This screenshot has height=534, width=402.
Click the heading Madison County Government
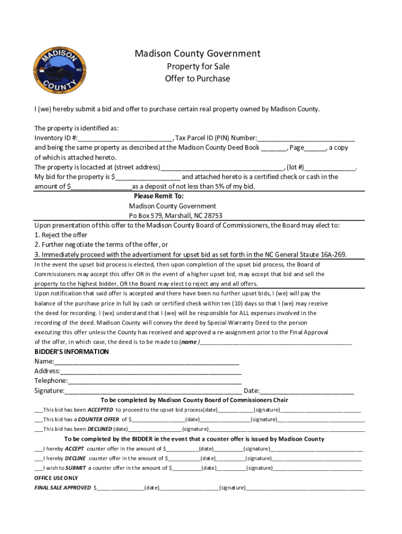click(197, 54)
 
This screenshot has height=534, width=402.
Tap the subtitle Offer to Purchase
click(197, 79)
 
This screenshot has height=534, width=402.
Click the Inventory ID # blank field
click(125, 139)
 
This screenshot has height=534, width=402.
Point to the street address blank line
click(222, 168)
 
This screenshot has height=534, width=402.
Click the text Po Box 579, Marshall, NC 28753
click(175, 215)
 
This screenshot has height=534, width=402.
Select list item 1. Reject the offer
click(61, 235)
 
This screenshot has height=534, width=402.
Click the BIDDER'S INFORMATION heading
click(72, 351)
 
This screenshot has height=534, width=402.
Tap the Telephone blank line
click(155, 381)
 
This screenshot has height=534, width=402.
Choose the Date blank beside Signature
click(307, 391)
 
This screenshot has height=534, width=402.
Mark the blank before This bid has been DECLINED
click(38, 429)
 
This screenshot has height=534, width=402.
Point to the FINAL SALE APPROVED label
click(62, 488)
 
